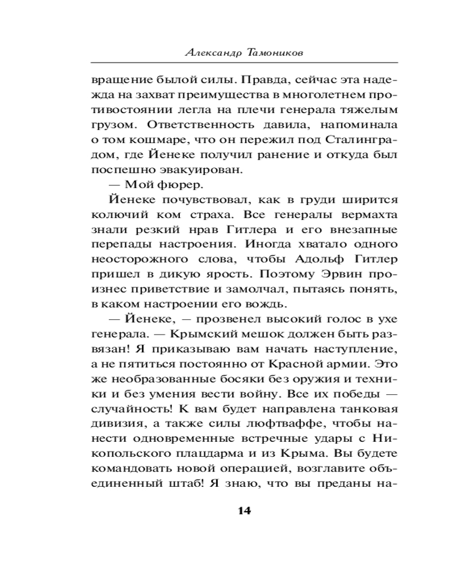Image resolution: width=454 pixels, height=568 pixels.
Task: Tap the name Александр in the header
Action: (213, 53)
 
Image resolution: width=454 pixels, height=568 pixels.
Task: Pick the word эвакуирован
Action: (195, 170)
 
